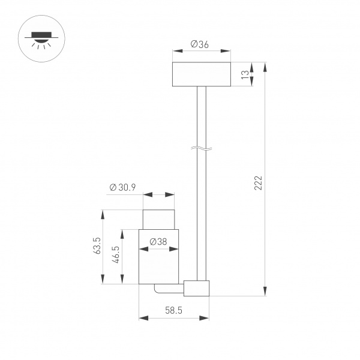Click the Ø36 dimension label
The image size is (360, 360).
[x=200, y=44]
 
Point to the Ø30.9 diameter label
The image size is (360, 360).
[x=123, y=187]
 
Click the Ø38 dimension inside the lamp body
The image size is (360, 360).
[x=158, y=242]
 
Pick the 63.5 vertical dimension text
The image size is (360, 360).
[x=96, y=247]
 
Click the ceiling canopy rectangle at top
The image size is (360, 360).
[x=201, y=74]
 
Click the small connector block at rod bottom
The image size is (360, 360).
[x=197, y=288]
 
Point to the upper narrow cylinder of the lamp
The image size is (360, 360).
[x=160, y=219]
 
